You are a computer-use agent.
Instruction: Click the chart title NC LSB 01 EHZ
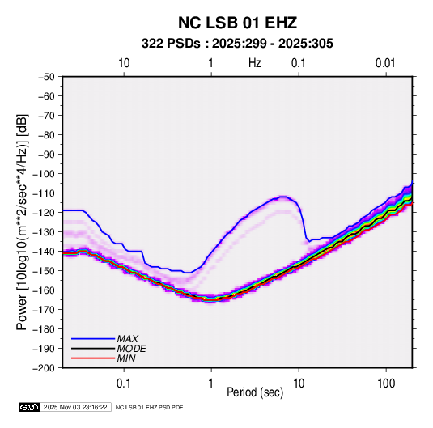tap(237, 23)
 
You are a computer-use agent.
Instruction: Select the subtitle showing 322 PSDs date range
tap(237, 44)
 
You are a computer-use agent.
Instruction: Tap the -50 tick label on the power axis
tap(46, 77)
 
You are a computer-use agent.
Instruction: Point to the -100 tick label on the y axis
tap(44, 174)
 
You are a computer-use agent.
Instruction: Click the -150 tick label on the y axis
tap(44, 270)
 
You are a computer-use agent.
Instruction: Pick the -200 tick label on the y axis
tap(44, 368)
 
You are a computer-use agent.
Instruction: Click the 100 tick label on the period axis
tap(386, 384)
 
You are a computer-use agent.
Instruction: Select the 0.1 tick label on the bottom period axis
tap(124, 384)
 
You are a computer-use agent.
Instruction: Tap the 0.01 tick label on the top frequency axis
tap(385, 63)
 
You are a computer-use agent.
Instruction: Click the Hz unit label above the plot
tap(255, 63)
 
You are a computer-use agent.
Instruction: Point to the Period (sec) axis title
tap(255, 392)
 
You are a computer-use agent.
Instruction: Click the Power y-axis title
tap(22, 222)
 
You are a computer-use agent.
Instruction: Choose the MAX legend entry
tap(105, 339)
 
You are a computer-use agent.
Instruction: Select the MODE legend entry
tap(108, 349)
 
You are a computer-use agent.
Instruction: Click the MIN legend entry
tap(104, 358)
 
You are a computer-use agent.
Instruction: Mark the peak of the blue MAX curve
tap(283, 197)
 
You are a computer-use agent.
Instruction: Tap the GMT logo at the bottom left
tap(29, 407)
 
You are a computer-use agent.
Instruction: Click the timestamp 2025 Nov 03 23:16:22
tap(75, 407)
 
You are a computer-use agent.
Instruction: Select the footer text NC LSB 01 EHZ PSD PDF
tap(149, 407)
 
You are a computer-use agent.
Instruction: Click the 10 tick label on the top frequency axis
tap(124, 63)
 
